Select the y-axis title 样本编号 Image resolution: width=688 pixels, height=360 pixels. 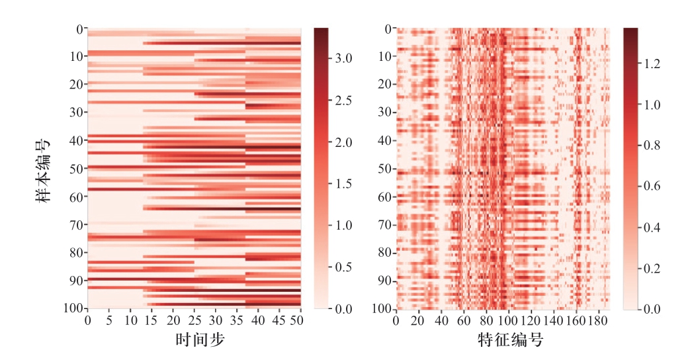tap(43, 168)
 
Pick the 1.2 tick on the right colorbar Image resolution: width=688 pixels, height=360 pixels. tap(652, 64)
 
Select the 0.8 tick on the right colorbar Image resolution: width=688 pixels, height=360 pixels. tap(652, 145)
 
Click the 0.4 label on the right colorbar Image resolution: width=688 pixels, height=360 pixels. tap(652, 227)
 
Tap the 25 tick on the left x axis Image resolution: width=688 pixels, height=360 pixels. tap(194, 320)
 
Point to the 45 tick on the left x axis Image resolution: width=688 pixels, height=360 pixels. tap(280, 320)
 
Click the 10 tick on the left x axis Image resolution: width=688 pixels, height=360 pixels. tap(130, 320)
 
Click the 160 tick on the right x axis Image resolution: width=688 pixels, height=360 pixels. tap(577, 320)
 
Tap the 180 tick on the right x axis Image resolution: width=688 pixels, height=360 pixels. tap(599, 320)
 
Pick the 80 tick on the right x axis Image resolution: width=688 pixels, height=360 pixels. tap(487, 320)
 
